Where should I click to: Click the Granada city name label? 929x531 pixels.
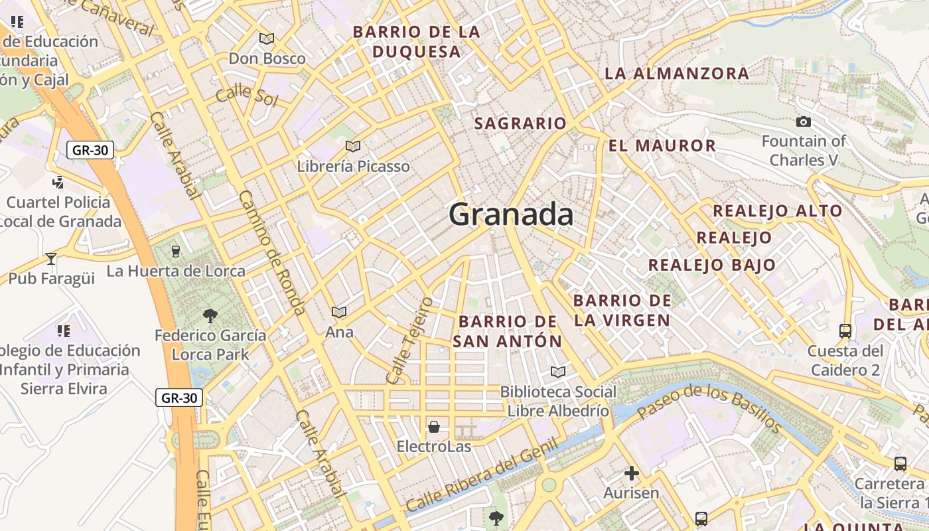[511, 214]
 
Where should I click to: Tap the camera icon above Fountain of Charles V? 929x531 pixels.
[803, 121]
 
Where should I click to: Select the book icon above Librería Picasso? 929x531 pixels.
[353, 146]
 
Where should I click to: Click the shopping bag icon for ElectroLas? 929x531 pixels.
[434, 426]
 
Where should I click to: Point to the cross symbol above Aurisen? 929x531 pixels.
[631, 473]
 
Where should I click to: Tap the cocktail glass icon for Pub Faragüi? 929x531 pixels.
[51, 258]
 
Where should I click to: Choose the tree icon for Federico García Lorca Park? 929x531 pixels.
[210, 315]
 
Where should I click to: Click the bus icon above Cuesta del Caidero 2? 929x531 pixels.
[845, 331]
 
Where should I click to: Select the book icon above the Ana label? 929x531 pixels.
[339, 312]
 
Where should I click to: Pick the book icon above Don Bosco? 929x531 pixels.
[267, 39]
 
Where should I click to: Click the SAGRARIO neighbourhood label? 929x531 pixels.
[520, 123]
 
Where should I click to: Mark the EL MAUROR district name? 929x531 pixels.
[662, 145]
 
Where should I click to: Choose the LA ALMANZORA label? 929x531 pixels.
[677, 73]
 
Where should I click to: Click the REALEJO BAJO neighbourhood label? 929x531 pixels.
[711, 265]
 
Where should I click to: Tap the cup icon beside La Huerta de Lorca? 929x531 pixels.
[175, 251]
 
